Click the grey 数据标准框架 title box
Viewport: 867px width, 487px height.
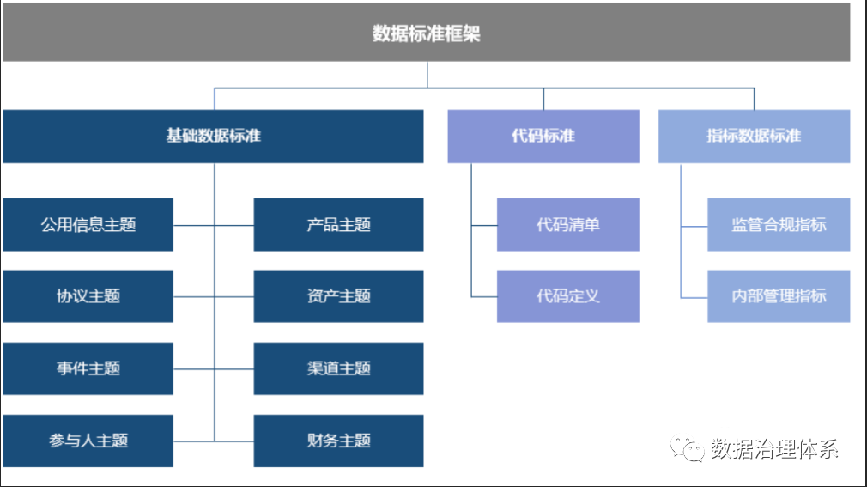tap(427, 32)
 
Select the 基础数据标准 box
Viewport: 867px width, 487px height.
tap(214, 137)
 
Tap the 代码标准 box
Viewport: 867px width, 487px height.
tap(543, 137)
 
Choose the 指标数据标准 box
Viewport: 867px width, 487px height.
tap(755, 137)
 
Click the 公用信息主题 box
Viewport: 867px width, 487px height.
tap(88, 225)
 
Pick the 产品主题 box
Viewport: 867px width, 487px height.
tap(338, 225)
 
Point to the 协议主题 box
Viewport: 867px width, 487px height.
tap(88, 296)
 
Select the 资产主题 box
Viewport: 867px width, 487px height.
tap(338, 296)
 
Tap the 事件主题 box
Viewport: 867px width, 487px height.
tap(88, 368)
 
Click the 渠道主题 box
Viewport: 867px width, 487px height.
tap(338, 368)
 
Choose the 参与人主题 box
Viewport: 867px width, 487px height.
tap(88, 441)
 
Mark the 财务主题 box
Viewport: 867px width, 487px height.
tap(338, 441)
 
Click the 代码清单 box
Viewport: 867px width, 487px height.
tap(568, 225)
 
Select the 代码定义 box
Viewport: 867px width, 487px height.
tap(568, 296)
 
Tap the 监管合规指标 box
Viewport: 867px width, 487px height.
tap(779, 225)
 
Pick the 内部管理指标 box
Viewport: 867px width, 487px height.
tap(779, 296)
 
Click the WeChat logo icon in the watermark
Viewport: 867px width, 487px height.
tap(688, 448)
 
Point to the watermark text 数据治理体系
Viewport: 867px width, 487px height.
tap(774, 448)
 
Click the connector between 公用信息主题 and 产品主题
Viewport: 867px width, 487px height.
tap(214, 225)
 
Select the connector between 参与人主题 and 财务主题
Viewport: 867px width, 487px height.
tap(214, 441)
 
